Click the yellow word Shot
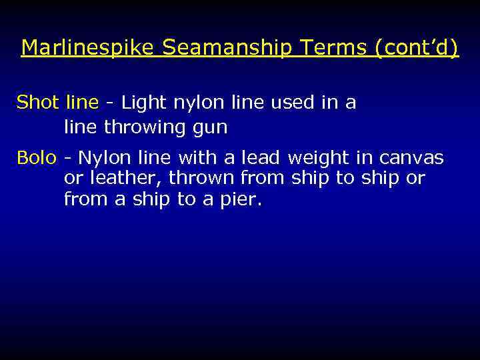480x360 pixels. tap(38, 103)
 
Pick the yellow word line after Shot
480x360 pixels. tap(81, 103)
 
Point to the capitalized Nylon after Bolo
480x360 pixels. tap(105, 159)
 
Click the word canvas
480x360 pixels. tap(411, 158)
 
